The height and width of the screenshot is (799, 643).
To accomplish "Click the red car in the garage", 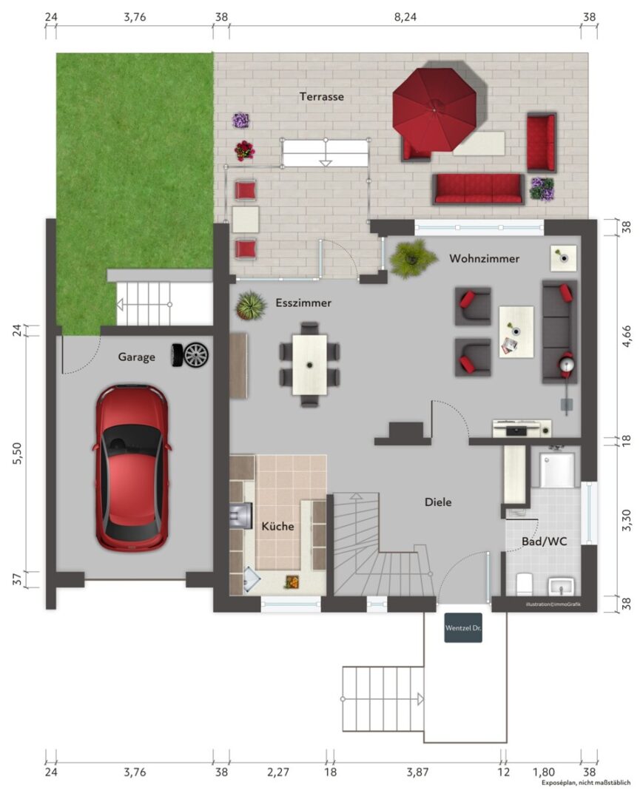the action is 132,468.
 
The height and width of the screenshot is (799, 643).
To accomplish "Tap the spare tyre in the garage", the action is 191,355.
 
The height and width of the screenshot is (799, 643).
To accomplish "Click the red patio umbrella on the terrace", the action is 434,109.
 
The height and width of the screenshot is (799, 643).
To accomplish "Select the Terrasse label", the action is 321,96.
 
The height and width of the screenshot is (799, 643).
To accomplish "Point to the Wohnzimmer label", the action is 484,258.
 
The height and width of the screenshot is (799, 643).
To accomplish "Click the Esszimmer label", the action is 303,303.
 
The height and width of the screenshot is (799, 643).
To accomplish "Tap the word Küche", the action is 277,526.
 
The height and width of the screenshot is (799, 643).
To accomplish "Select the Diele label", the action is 437,502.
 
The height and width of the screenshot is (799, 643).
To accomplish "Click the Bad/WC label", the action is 544,541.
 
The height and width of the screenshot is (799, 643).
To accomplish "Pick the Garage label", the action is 136,357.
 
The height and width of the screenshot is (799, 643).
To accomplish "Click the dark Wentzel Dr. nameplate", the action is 463,627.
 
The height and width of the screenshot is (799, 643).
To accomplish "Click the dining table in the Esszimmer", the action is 309,364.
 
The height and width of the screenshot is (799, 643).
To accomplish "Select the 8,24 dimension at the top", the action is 405,17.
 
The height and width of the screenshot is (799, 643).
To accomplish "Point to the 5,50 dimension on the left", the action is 18,453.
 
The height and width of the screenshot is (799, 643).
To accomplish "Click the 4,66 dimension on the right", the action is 627,337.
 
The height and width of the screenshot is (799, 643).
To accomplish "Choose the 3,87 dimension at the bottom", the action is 417,772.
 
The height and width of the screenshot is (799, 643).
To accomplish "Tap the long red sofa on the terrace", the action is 478,189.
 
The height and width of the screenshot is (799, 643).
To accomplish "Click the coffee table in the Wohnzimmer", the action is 516,331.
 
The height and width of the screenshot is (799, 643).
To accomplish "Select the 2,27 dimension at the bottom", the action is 278,772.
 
